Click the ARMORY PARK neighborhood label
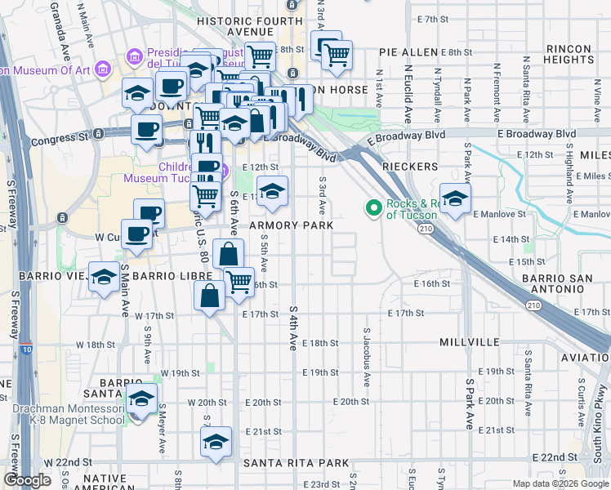click(280, 225)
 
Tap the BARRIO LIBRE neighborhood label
click(167, 276)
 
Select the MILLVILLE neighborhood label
click(469, 340)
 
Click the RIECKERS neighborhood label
click(410, 166)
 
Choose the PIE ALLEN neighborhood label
click(408, 52)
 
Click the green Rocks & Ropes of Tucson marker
click(374, 208)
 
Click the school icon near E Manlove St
click(455, 199)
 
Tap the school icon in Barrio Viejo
click(104, 277)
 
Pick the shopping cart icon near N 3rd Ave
click(336, 55)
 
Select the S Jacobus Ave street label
click(367, 359)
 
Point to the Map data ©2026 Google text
click(558, 483)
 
